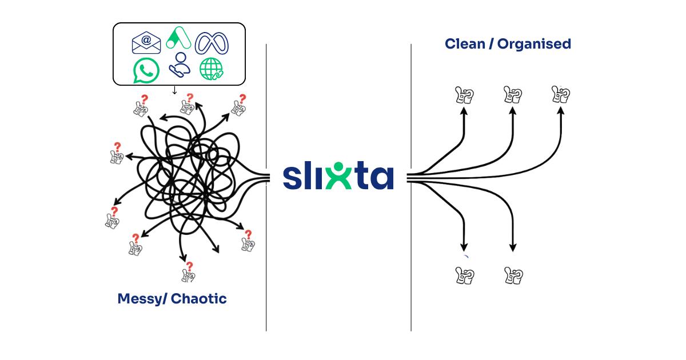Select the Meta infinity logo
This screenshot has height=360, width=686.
[212, 42]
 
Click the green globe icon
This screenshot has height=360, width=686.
[212, 70]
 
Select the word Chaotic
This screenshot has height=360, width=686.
[199, 298]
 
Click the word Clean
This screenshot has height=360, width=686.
[464, 43]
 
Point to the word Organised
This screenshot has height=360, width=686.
[534, 44]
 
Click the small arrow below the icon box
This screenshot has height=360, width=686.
[174, 90]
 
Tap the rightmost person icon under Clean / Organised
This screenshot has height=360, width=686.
[561, 94]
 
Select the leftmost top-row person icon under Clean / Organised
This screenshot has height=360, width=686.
[464, 95]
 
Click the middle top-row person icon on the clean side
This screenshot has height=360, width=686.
[512, 95]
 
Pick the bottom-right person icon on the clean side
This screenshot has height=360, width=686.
[513, 275]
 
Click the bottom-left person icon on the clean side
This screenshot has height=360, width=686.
[464, 275]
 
